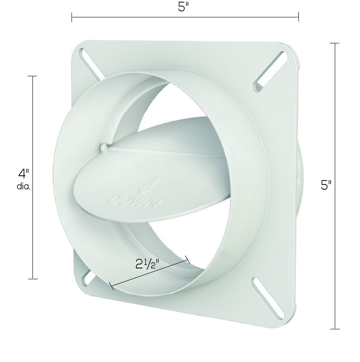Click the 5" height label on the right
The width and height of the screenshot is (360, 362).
pos(326,185)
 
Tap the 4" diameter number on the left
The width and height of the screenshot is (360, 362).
pos(24,174)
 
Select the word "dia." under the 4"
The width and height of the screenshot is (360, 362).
pos(24,187)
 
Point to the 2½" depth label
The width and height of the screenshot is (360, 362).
pos(147,264)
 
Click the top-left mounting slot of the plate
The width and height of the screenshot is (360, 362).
pos(92,64)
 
